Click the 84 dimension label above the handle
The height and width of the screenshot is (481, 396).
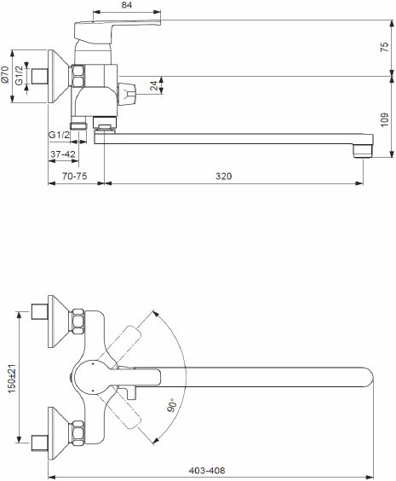pos(127,5)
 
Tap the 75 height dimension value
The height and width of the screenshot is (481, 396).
pos(384,47)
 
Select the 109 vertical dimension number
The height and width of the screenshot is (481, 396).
pos(384,119)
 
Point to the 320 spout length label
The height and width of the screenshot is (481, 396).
pos(224,176)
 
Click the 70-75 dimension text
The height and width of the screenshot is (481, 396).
pos(74,176)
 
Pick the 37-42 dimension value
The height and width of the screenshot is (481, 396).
pos(63,154)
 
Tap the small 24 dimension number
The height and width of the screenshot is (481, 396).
pos(156,85)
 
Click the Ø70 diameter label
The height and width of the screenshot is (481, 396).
pos(5,75)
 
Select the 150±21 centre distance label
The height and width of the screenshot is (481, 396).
pos(12,379)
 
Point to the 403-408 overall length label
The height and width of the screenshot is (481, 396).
pos(207,470)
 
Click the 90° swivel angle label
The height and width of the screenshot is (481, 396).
pos(172,404)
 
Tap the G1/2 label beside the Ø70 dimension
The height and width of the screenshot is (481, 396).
pos(20,75)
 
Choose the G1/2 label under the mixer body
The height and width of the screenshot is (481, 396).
pos(59,135)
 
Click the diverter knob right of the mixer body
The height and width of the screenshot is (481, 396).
pos(127,91)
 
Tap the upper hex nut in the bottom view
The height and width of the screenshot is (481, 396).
pos(77,322)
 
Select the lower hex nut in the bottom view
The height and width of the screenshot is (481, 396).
pos(77,433)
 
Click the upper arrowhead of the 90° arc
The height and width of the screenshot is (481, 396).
pos(156,314)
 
